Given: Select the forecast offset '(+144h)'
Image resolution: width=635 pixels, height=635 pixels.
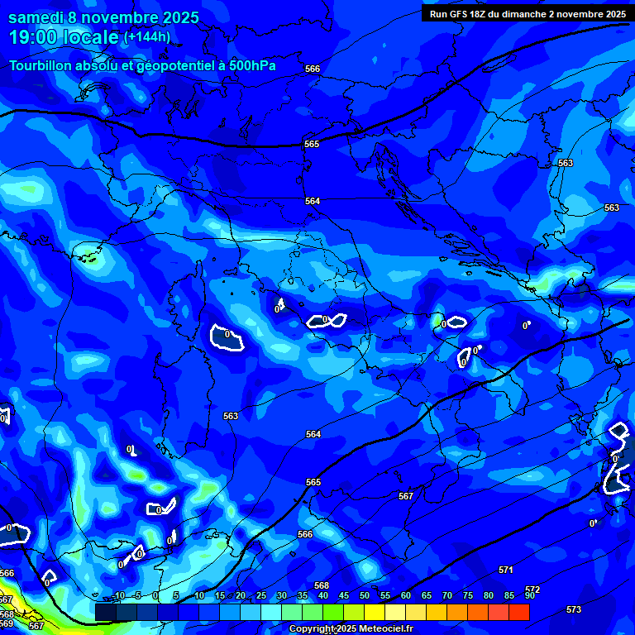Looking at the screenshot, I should pos(147,37).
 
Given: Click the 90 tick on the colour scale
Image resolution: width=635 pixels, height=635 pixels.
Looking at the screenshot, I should pos(529,595).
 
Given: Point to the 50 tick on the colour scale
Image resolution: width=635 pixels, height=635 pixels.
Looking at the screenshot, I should pos(365,595).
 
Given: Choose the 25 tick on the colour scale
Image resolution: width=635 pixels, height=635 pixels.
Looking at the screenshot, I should pos(261,595).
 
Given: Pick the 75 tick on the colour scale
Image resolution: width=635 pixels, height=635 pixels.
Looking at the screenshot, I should pos(468,595).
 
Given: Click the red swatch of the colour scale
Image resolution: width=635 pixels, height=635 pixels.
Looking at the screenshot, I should pos(518,612).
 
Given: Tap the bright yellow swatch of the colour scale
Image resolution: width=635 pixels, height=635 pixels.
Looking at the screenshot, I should pos(375,612).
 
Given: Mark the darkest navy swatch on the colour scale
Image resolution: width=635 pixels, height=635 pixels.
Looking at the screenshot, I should pos(105,612).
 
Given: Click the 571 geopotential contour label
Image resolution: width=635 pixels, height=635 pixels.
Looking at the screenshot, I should pos(505,570).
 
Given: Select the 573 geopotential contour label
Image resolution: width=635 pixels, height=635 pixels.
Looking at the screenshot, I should pos(574,609).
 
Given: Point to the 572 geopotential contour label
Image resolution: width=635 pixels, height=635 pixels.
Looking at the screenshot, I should pos(532,590).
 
